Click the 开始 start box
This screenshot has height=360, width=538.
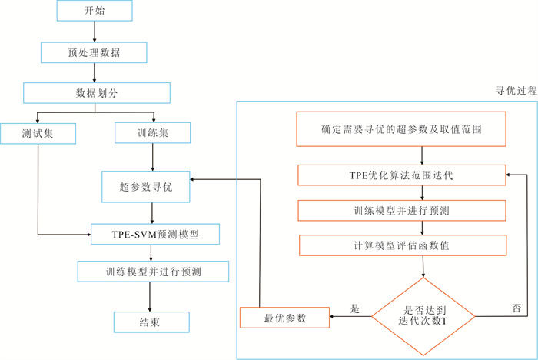(x=94, y=12)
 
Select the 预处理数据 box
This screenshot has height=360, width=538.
(x=94, y=52)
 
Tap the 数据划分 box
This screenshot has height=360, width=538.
(x=96, y=93)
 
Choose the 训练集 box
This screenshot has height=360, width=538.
(x=153, y=133)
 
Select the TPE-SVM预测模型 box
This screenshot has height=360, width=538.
(x=155, y=233)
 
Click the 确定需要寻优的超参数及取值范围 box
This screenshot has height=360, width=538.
(x=401, y=128)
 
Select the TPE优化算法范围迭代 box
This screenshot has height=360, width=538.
(x=401, y=175)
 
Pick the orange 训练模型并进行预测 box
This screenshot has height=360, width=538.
(x=401, y=210)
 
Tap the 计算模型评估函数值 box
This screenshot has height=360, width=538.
(x=401, y=245)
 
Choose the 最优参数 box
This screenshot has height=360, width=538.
(x=284, y=316)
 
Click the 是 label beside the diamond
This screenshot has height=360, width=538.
(x=355, y=308)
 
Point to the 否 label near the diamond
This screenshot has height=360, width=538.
(x=516, y=308)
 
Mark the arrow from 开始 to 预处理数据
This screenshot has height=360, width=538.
(x=94, y=32)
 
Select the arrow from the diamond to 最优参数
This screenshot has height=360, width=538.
(x=350, y=316)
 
